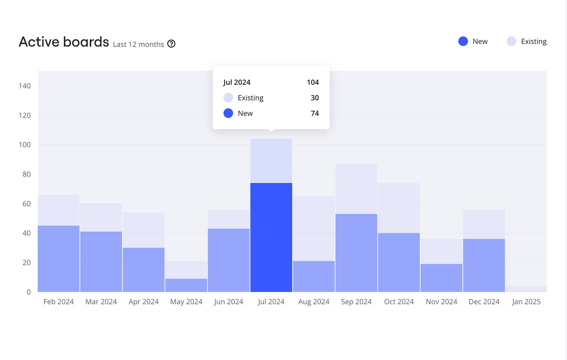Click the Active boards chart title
pyautogui.click(x=64, y=42)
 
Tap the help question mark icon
pyautogui.click(x=171, y=44)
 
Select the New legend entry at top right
pyautogui.click(x=473, y=41)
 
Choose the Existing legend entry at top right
pyautogui.click(x=527, y=41)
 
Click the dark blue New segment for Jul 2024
pyautogui.click(x=271, y=237)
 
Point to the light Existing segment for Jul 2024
pyautogui.click(x=271, y=161)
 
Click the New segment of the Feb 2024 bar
pyautogui.click(x=58, y=259)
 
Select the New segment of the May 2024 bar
pyautogui.click(x=186, y=285)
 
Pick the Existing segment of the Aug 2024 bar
pyautogui.click(x=314, y=229)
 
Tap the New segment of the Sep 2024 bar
pyautogui.click(x=356, y=253)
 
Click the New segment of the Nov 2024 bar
pyautogui.click(x=441, y=278)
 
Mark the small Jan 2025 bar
pyautogui.click(x=526, y=289)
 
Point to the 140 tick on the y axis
pyautogui.click(x=25, y=86)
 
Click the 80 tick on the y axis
pyautogui.click(x=27, y=174)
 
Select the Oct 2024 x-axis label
pyautogui.click(x=399, y=302)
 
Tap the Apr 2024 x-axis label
pyautogui.click(x=144, y=302)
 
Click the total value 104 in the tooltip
pyautogui.click(x=313, y=82)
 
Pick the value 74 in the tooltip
pyautogui.click(x=315, y=113)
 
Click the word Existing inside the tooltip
pyautogui.click(x=251, y=98)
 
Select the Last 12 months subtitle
pyautogui.click(x=138, y=44)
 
